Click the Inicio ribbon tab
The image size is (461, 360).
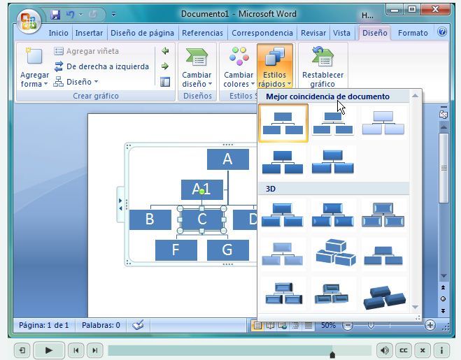[x=58, y=33]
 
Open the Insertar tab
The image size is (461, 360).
[x=89, y=33]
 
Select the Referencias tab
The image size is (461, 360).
[x=202, y=33]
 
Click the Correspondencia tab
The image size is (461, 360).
[x=262, y=33]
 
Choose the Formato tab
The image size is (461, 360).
[x=413, y=33]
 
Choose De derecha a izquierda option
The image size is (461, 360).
[x=107, y=66]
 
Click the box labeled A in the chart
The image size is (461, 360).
[x=227, y=159]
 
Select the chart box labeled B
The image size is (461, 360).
[x=150, y=219]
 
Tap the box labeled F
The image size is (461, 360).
[x=176, y=250]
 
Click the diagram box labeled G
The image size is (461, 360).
[x=227, y=250]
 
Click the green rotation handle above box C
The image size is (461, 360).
[x=202, y=191]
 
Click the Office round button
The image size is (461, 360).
[x=29, y=21]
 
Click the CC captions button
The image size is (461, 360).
[x=404, y=350]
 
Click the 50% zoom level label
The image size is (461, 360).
[x=328, y=325]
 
